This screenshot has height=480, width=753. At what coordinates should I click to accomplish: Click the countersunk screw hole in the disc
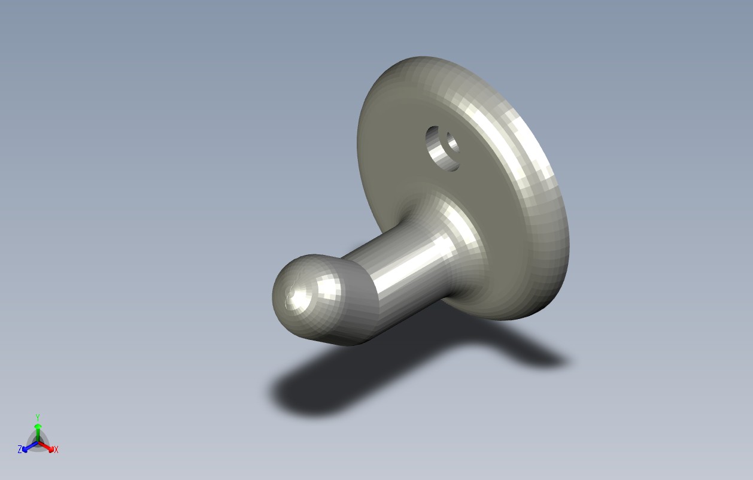click(x=442, y=148)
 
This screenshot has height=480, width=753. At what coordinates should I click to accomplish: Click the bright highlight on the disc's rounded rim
click(x=504, y=135)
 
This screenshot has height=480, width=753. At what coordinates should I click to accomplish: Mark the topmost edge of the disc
click(x=422, y=57)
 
